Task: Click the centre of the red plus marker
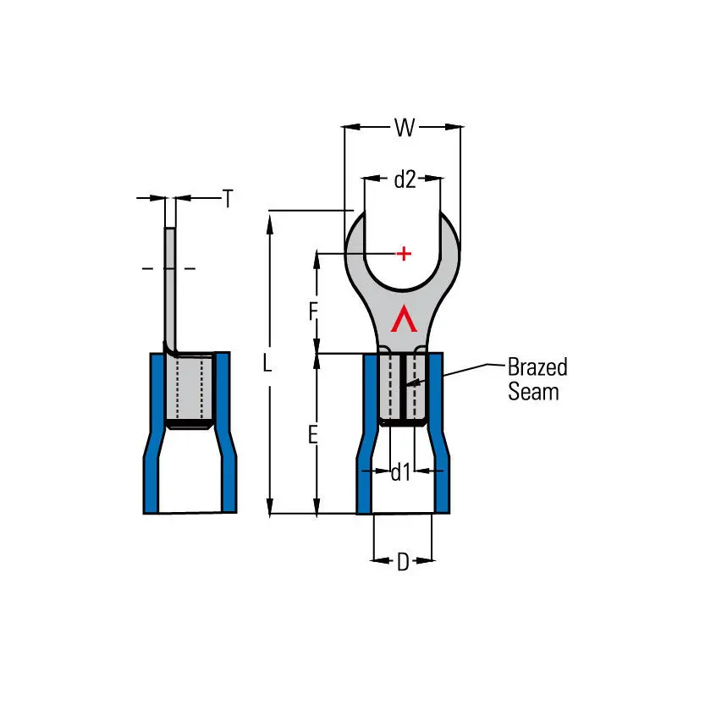click(x=404, y=254)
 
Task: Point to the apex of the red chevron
click(x=404, y=306)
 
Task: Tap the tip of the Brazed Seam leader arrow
click(x=401, y=386)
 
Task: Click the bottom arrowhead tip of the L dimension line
click(x=270, y=516)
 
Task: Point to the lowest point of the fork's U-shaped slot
click(x=402, y=289)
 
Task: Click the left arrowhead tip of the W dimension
click(x=343, y=127)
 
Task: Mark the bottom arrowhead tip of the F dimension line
click(x=317, y=353)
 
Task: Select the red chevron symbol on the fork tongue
click(x=404, y=319)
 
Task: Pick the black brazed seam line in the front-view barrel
click(x=404, y=388)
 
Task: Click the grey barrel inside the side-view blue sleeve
click(x=189, y=388)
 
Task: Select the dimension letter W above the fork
click(x=405, y=128)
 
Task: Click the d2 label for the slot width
click(x=405, y=179)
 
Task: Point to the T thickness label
click(x=228, y=198)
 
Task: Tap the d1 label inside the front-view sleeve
click(x=400, y=472)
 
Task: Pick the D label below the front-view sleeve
click(x=403, y=562)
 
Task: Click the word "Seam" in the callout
click(x=534, y=391)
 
